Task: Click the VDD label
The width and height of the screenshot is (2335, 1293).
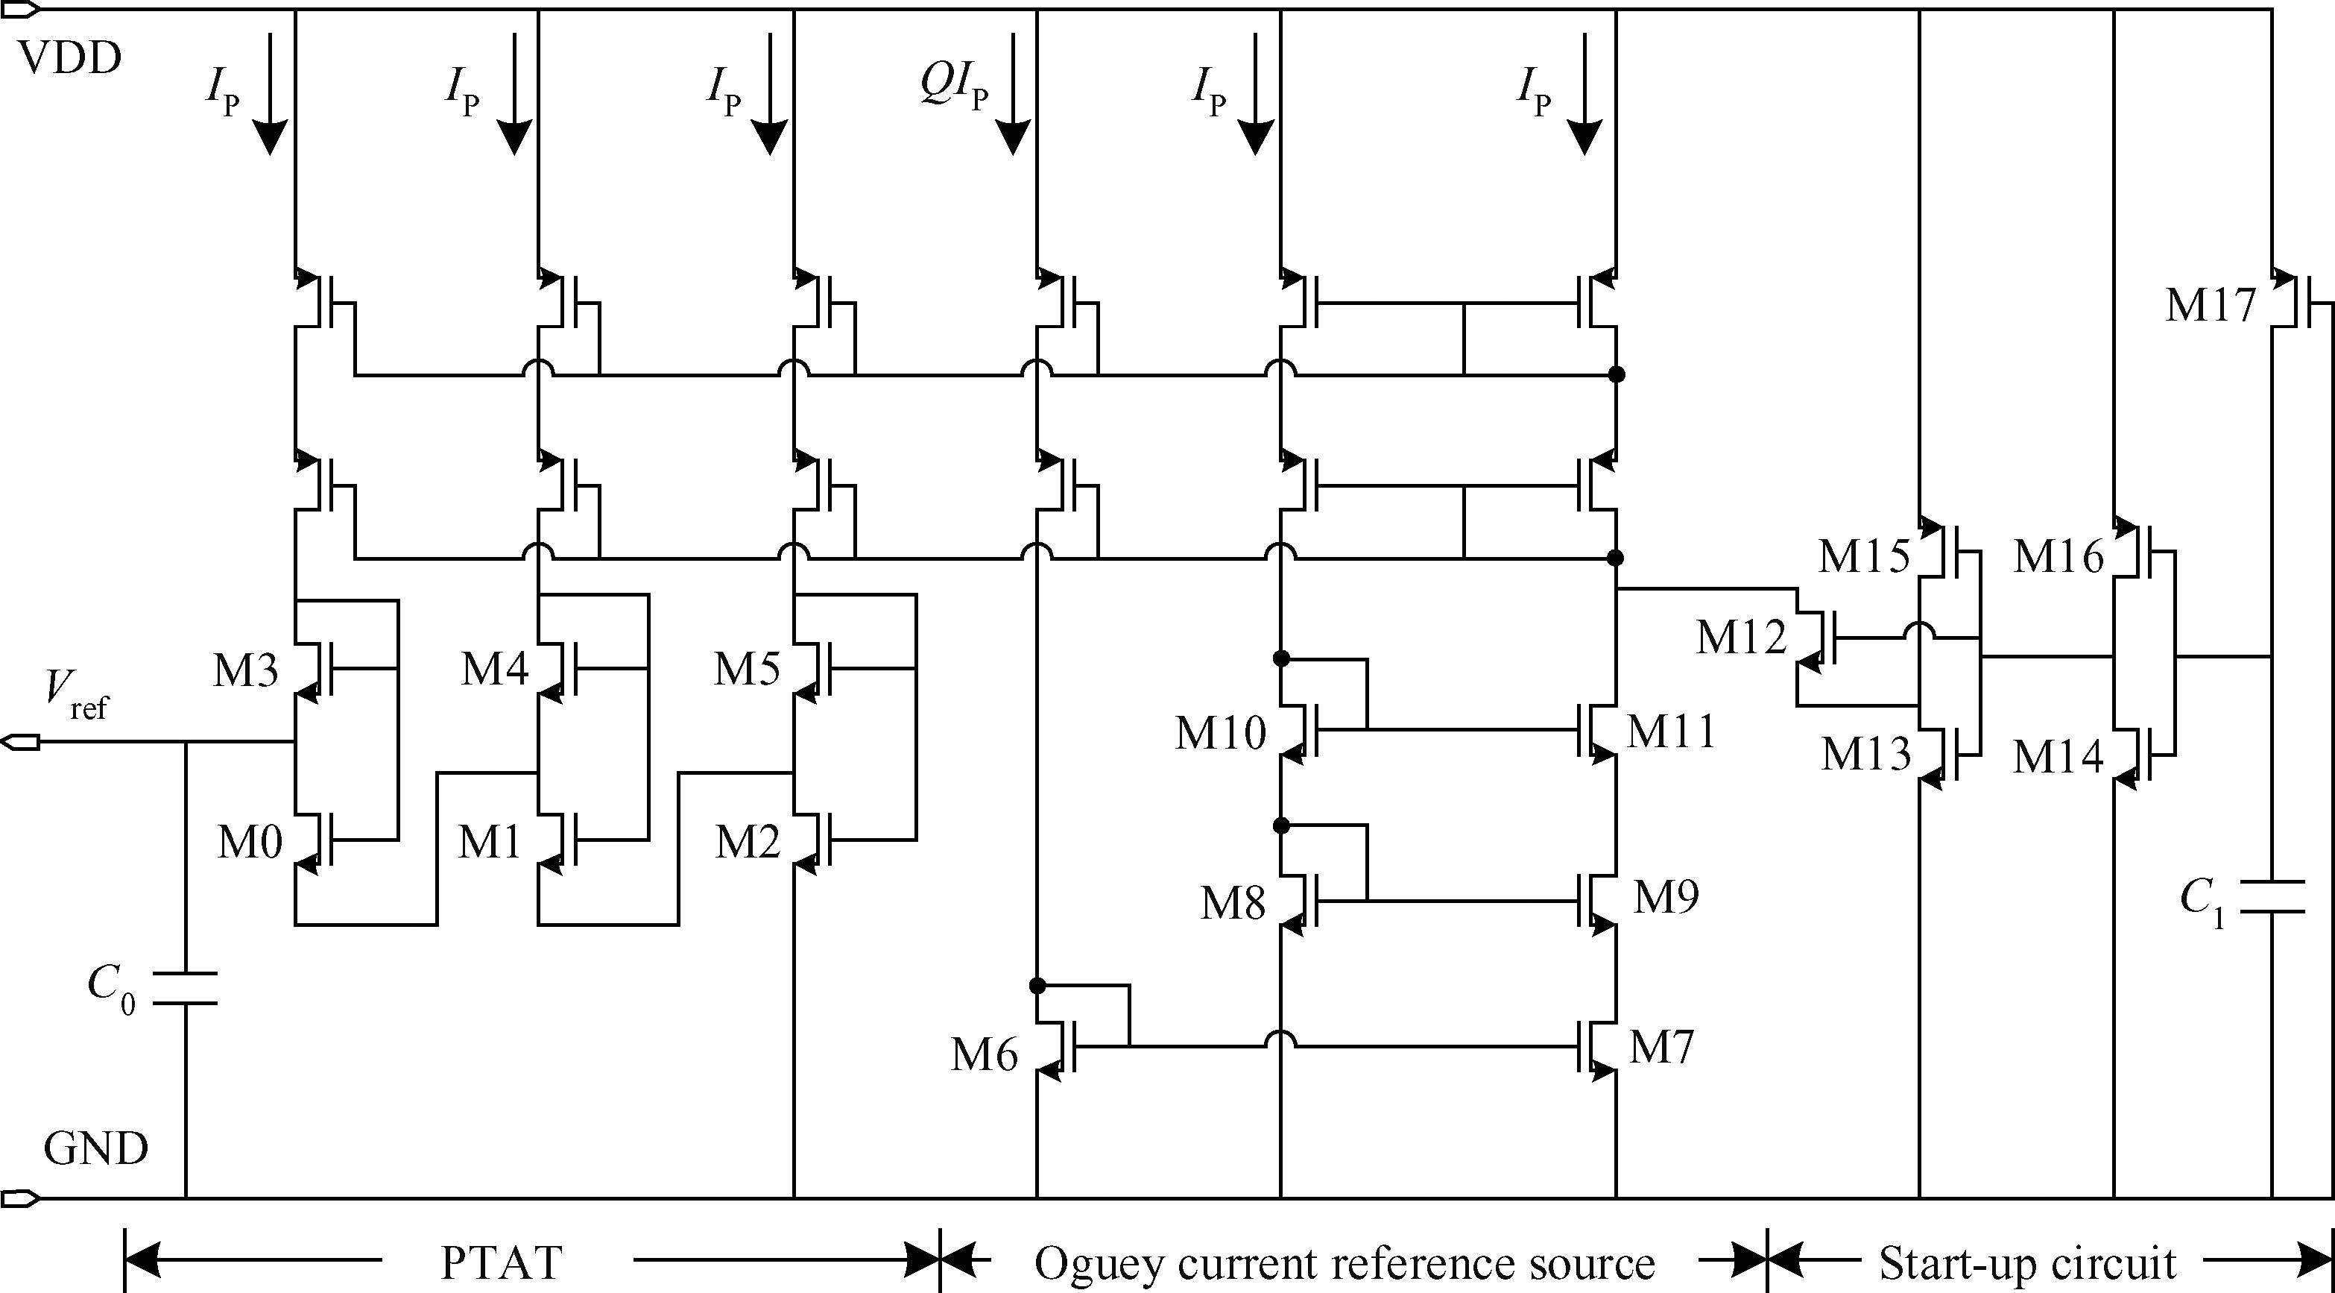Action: point(70,59)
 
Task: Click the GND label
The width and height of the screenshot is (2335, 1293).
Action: point(95,1150)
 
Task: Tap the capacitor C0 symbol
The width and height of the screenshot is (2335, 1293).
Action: point(186,987)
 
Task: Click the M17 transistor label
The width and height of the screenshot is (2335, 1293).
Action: point(2210,306)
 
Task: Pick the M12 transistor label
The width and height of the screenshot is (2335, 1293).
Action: point(1741,638)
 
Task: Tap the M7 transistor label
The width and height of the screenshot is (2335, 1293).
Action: point(1661,1047)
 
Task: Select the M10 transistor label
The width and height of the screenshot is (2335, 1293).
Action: point(1220,733)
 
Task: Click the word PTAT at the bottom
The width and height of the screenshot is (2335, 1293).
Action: point(502,1262)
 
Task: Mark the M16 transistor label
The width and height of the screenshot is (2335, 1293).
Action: point(2058,556)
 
